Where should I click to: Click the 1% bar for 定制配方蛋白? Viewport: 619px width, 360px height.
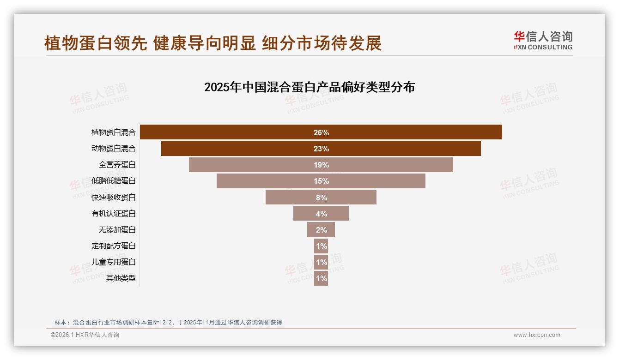pos(321,246)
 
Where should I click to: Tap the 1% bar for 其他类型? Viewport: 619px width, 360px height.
pos(321,278)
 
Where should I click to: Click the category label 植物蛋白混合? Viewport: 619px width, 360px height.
pos(114,132)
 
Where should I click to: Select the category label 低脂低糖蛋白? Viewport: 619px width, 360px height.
pos(114,181)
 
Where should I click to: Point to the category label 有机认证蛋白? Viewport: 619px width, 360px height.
pos(114,214)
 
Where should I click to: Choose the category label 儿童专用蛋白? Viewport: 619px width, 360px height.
pos(114,262)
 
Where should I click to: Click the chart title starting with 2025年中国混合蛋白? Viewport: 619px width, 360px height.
pos(309,87)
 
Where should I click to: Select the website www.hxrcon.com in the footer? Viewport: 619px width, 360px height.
pos(537,335)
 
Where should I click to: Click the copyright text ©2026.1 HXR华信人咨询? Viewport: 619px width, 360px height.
pos(85,335)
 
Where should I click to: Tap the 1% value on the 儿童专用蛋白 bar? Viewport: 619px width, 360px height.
pos(321,262)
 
